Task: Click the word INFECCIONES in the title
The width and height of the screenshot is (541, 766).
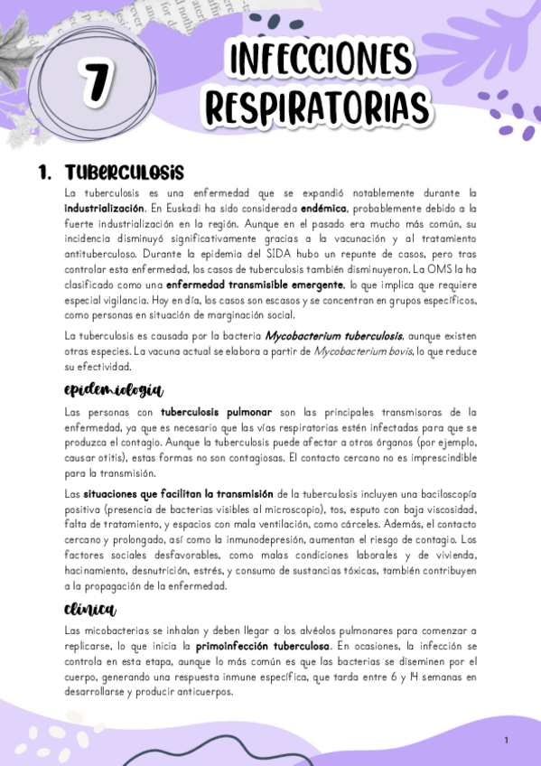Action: (x=319, y=61)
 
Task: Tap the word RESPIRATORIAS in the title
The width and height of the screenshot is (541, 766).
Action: (x=317, y=106)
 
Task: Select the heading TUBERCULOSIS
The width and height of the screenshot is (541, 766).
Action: (x=125, y=172)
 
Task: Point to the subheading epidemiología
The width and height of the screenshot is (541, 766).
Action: (x=113, y=390)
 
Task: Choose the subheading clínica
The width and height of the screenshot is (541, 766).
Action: (x=90, y=609)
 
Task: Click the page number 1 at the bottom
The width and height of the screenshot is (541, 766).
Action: (x=507, y=741)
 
